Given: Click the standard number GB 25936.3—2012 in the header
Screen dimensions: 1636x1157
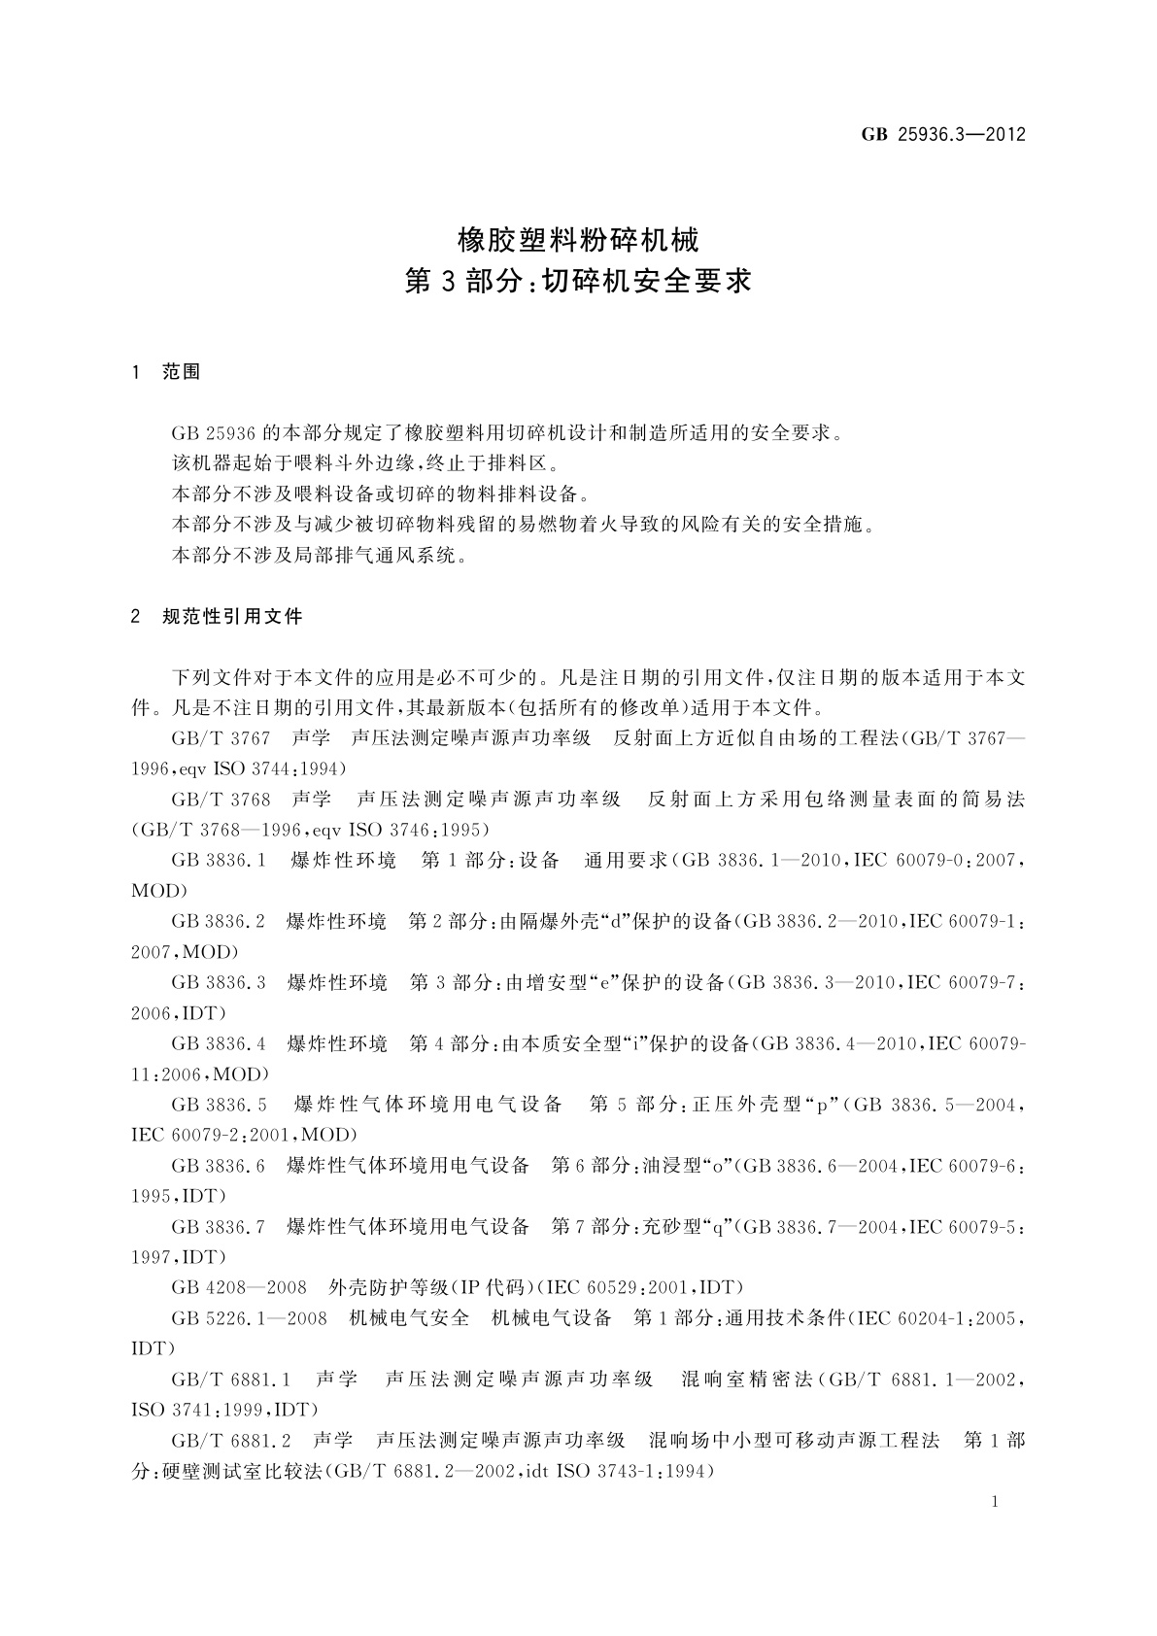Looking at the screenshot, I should click(943, 135).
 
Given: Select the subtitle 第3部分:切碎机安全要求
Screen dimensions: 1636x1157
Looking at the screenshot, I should click(578, 282).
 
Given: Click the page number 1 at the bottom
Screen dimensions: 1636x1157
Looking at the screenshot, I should click(998, 1502).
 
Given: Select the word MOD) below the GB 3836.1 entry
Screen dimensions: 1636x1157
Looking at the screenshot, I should click(159, 890).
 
